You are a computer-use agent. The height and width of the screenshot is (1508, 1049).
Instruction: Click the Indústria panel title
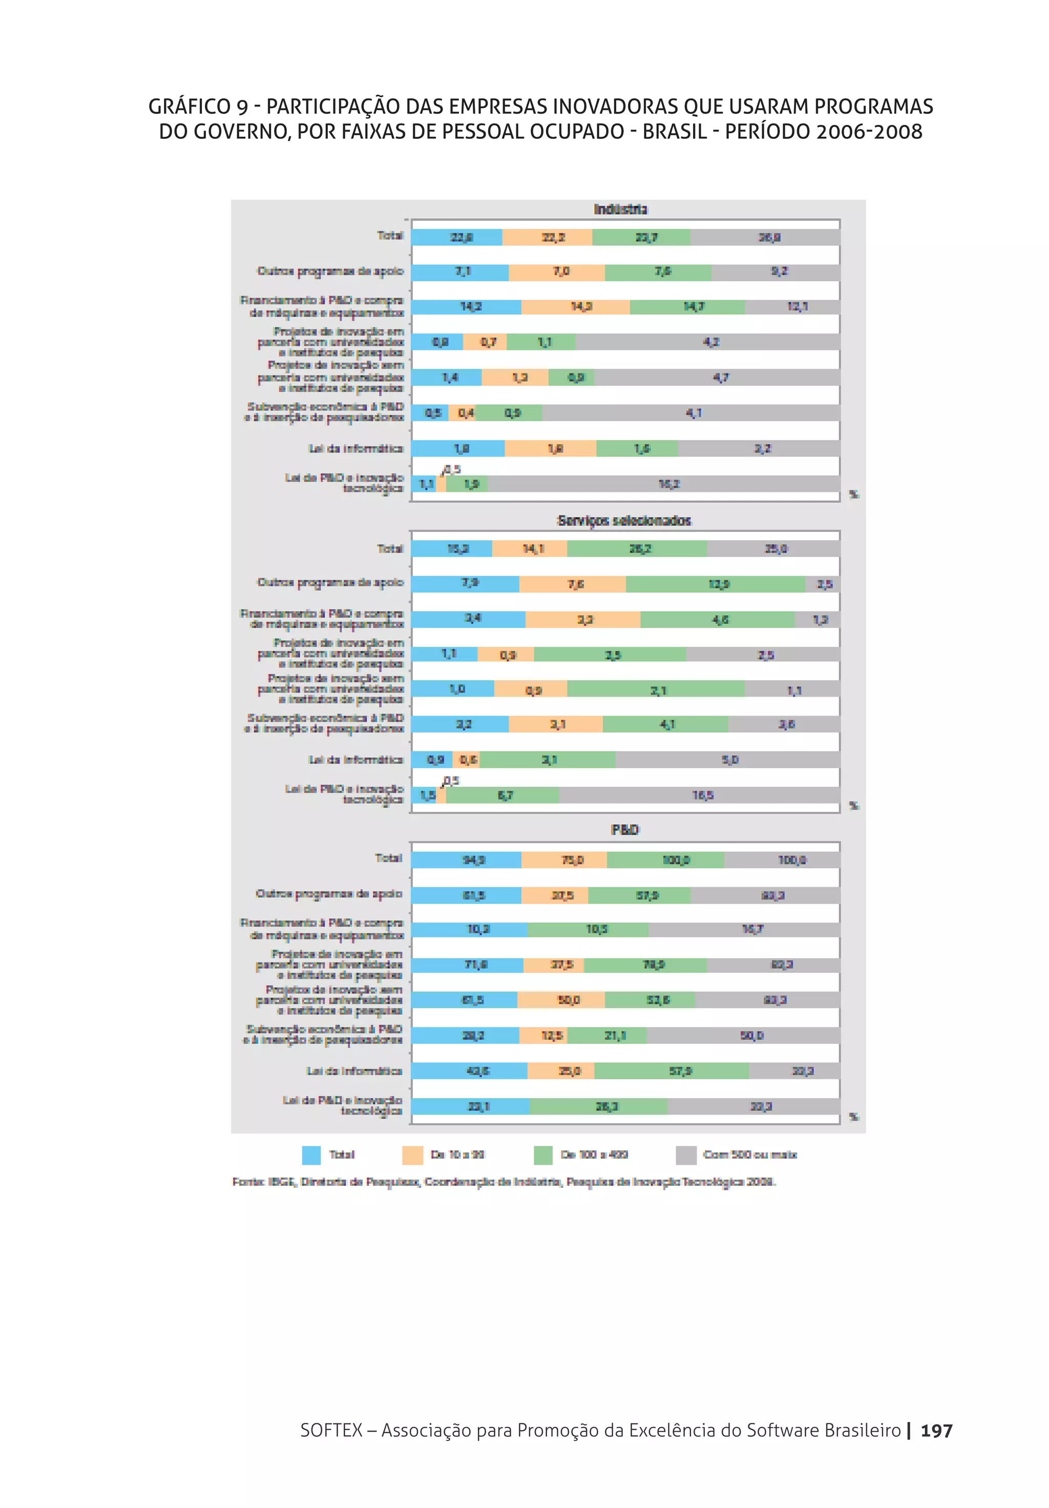click(x=620, y=210)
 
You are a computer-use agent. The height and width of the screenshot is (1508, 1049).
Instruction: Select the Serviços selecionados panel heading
click(x=624, y=521)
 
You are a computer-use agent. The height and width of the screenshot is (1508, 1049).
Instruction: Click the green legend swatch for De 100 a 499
click(x=543, y=1155)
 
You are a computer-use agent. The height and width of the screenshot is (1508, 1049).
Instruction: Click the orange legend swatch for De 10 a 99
click(x=412, y=1155)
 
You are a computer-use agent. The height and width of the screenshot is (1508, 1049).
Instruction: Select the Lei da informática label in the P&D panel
click(x=354, y=1071)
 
